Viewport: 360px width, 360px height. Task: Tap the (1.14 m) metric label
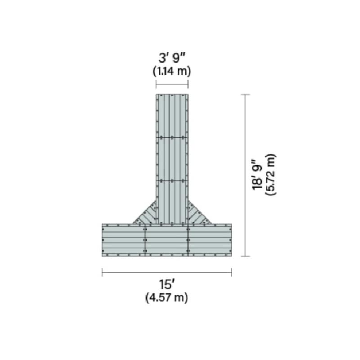(x=172, y=71)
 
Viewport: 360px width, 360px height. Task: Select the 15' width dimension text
(x=166, y=285)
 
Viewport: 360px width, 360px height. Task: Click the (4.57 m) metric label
(x=166, y=297)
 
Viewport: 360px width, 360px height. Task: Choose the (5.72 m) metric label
(x=270, y=175)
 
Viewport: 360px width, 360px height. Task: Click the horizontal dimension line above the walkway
(x=172, y=84)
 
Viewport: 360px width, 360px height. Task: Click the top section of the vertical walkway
(x=172, y=115)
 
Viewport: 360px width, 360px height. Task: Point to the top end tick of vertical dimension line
(x=245, y=94)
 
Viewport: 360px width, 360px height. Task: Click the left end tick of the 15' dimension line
(x=103, y=272)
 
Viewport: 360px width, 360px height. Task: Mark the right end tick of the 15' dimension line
(x=231, y=272)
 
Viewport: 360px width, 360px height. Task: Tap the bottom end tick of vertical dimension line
(x=245, y=256)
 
